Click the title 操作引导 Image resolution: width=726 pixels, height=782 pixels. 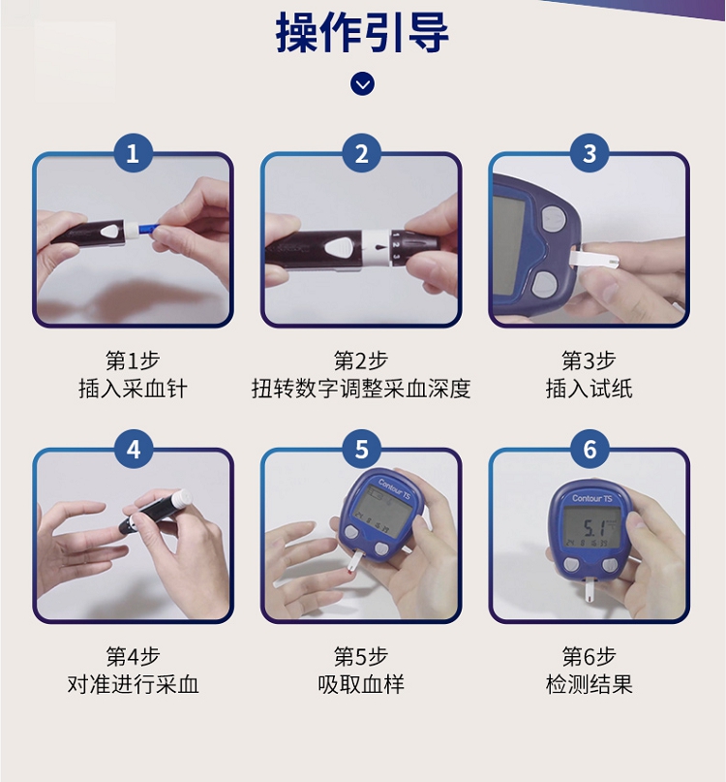(362, 33)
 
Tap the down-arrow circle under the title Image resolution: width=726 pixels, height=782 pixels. (362, 84)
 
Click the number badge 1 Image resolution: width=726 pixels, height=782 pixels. (133, 153)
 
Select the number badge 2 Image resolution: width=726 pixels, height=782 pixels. (362, 153)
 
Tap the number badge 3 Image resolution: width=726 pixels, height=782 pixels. (590, 153)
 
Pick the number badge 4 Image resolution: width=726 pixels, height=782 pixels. (133, 450)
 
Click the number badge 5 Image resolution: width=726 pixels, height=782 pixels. (362, 450)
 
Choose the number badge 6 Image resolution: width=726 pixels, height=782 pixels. (590, 450)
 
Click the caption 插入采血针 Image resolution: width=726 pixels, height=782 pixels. (133, 389)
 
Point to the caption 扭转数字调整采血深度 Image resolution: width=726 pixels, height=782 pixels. (361, 389)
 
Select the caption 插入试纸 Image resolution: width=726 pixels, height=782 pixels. (590, 389)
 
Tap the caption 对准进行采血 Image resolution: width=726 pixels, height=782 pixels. (133, 684)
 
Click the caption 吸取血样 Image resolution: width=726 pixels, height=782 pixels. (361, 684)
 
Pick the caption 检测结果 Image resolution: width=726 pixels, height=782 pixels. (590, 684)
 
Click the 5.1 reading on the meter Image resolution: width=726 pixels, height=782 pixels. (593, 528)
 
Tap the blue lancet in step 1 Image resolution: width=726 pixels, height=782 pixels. (147, 230)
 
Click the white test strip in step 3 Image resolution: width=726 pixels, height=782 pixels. (594, 260)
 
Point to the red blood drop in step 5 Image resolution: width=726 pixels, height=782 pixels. (351, 575)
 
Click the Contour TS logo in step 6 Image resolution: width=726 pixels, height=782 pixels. (592, 498)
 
